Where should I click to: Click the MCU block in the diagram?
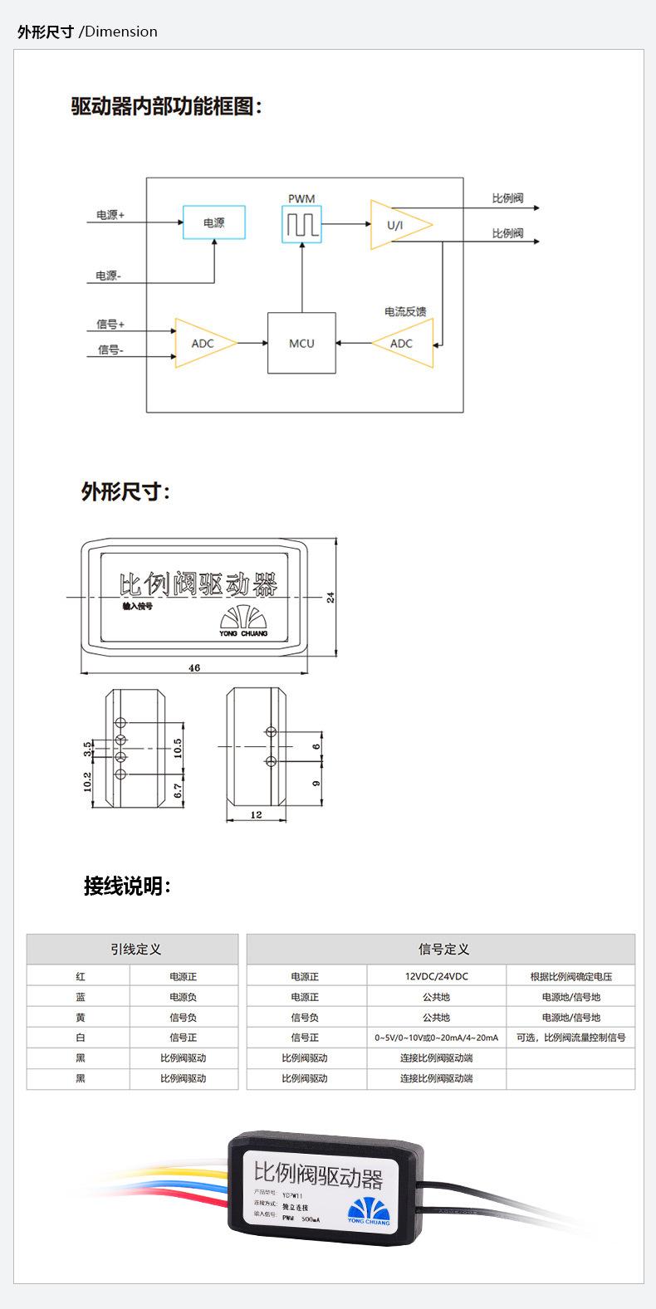pyautogui.click(x=301, y=343)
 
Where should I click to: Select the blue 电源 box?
pyautogui.click(x=214, y=222)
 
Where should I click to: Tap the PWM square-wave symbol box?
pyautogui.click(x=301, y=224)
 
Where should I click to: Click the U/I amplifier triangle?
pyautogui.click(x=396, y=225)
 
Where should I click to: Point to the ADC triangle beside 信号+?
pyautogui.click(x=203, y=343)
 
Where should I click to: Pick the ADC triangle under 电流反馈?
pyautogui.click(x=404, y=343)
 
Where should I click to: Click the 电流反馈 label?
pyautogui.click(x=405, y=311)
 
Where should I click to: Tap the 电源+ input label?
pyautogui.click(x=110, y=215)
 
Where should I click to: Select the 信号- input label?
pyautogui.click(x=110, y=349)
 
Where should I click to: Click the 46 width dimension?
pyautogui.click(x=194, y=667)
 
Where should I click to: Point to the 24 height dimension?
pyautogui.click(x=330, y=597)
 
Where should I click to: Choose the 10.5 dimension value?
pyautogui.click(x=178, y=747)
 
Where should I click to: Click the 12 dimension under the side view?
pyautogui.click(x=256, y=814)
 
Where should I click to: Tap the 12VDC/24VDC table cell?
pyautogui.click(x=437, y=976)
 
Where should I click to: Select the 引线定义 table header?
pyautogui.click(x=132, y=949)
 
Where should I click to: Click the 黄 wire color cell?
pyautogui.click(x=81, y=1017)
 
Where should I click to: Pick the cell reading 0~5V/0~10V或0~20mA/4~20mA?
pyautogui.click(x=437, y=1038)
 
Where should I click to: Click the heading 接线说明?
pyautogui.click(x=127, y=886)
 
